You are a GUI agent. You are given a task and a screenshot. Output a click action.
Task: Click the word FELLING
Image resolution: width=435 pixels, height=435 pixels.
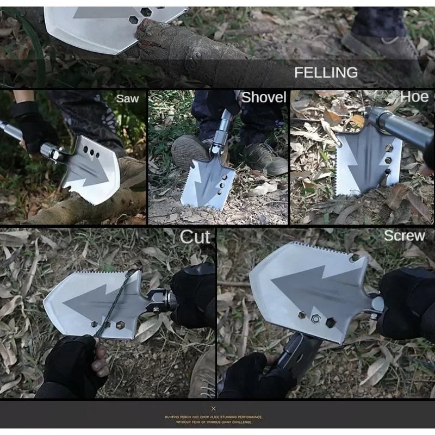point(326,72)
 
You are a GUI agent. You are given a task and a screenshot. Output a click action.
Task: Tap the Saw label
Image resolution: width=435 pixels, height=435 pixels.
point(127,99)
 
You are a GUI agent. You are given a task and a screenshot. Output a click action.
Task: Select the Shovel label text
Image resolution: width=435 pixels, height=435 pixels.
point(264,98)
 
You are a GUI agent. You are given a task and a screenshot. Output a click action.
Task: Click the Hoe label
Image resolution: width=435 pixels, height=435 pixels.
point(414,97)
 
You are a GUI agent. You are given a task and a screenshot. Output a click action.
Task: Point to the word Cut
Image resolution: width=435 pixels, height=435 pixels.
point(195,237)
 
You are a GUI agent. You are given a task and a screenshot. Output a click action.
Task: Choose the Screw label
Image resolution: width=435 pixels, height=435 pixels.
point(404,235)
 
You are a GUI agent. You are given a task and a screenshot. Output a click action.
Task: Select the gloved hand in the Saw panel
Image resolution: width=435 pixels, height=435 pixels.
point(33,128)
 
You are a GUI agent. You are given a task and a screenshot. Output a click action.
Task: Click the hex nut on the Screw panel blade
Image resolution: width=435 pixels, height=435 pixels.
point(315,319)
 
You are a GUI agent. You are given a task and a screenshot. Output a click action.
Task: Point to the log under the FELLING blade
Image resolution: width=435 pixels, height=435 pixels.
point(185,49)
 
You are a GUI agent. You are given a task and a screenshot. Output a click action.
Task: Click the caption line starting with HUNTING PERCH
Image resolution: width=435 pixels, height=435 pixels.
point(213,417)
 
